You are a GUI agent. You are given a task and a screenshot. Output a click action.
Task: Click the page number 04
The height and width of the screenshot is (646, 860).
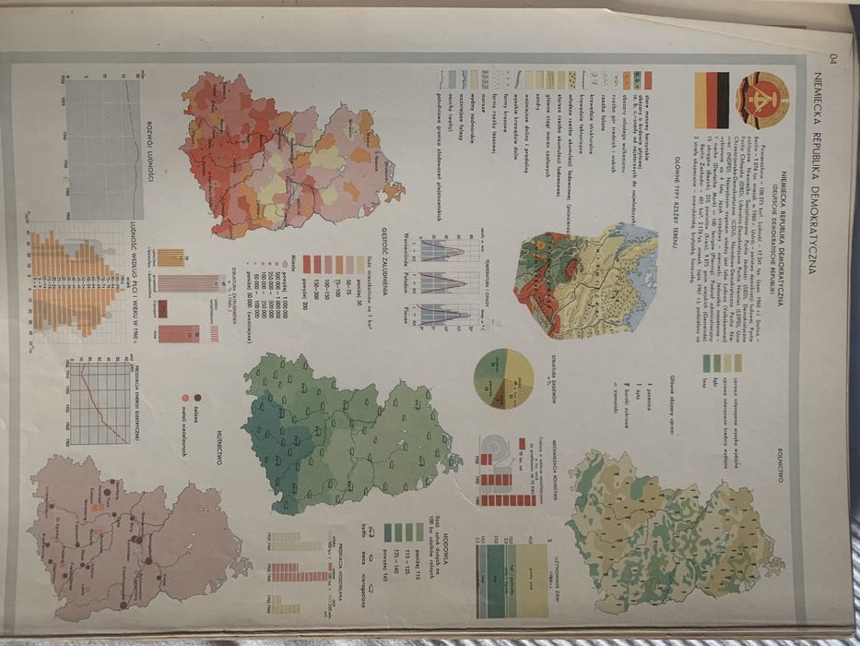[832, 62]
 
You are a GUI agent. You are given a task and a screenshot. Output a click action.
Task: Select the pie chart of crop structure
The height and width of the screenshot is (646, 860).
[504, 378]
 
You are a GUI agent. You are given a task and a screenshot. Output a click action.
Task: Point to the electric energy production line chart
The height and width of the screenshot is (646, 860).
[101, 401]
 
